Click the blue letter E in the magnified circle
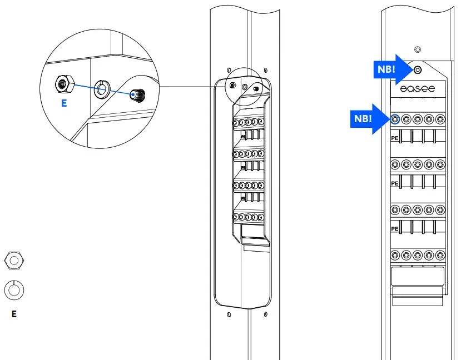coord(64,103)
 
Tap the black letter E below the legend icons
coord(14,314)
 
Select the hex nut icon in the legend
coord(14,259)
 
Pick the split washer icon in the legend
coord(14,289)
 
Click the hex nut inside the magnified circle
coord(62,84)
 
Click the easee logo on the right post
coord(418,88)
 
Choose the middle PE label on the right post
coord(395,183)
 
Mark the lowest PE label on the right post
coord(395,228)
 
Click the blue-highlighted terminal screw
coord(395,118)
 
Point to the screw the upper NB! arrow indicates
coord(418,70)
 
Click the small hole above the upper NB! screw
coord(418,49)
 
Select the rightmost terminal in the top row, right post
coord(440,118)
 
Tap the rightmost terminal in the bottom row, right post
coord(440,256)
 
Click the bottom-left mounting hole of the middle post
coord(229,314)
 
